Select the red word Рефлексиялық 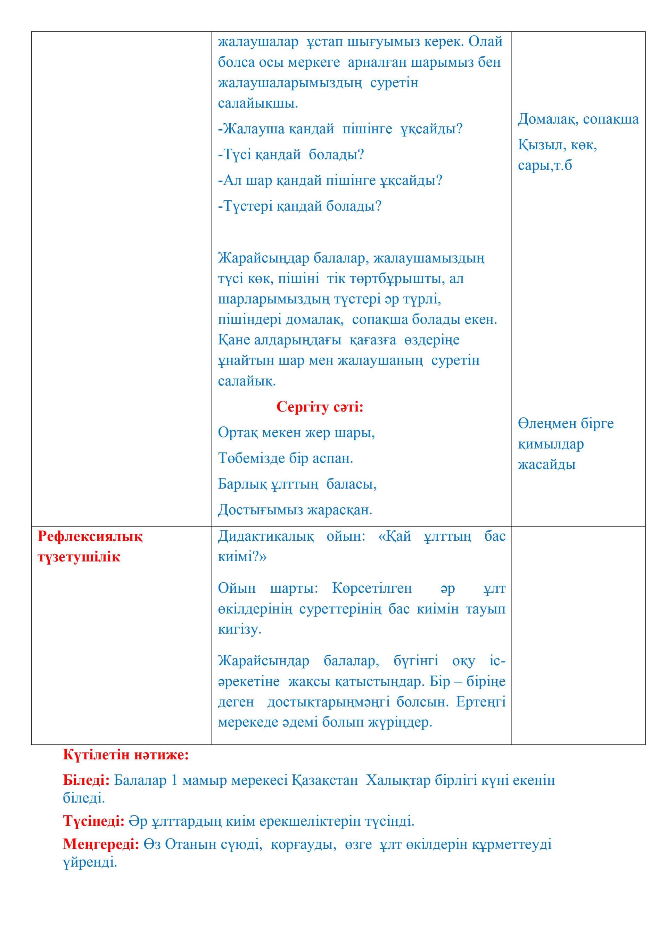tap(90, 536)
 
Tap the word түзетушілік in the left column tap(79, 557)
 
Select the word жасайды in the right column tap(546, 464)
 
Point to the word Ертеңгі tap(481, 701)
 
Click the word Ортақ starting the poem tap(238, 432)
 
